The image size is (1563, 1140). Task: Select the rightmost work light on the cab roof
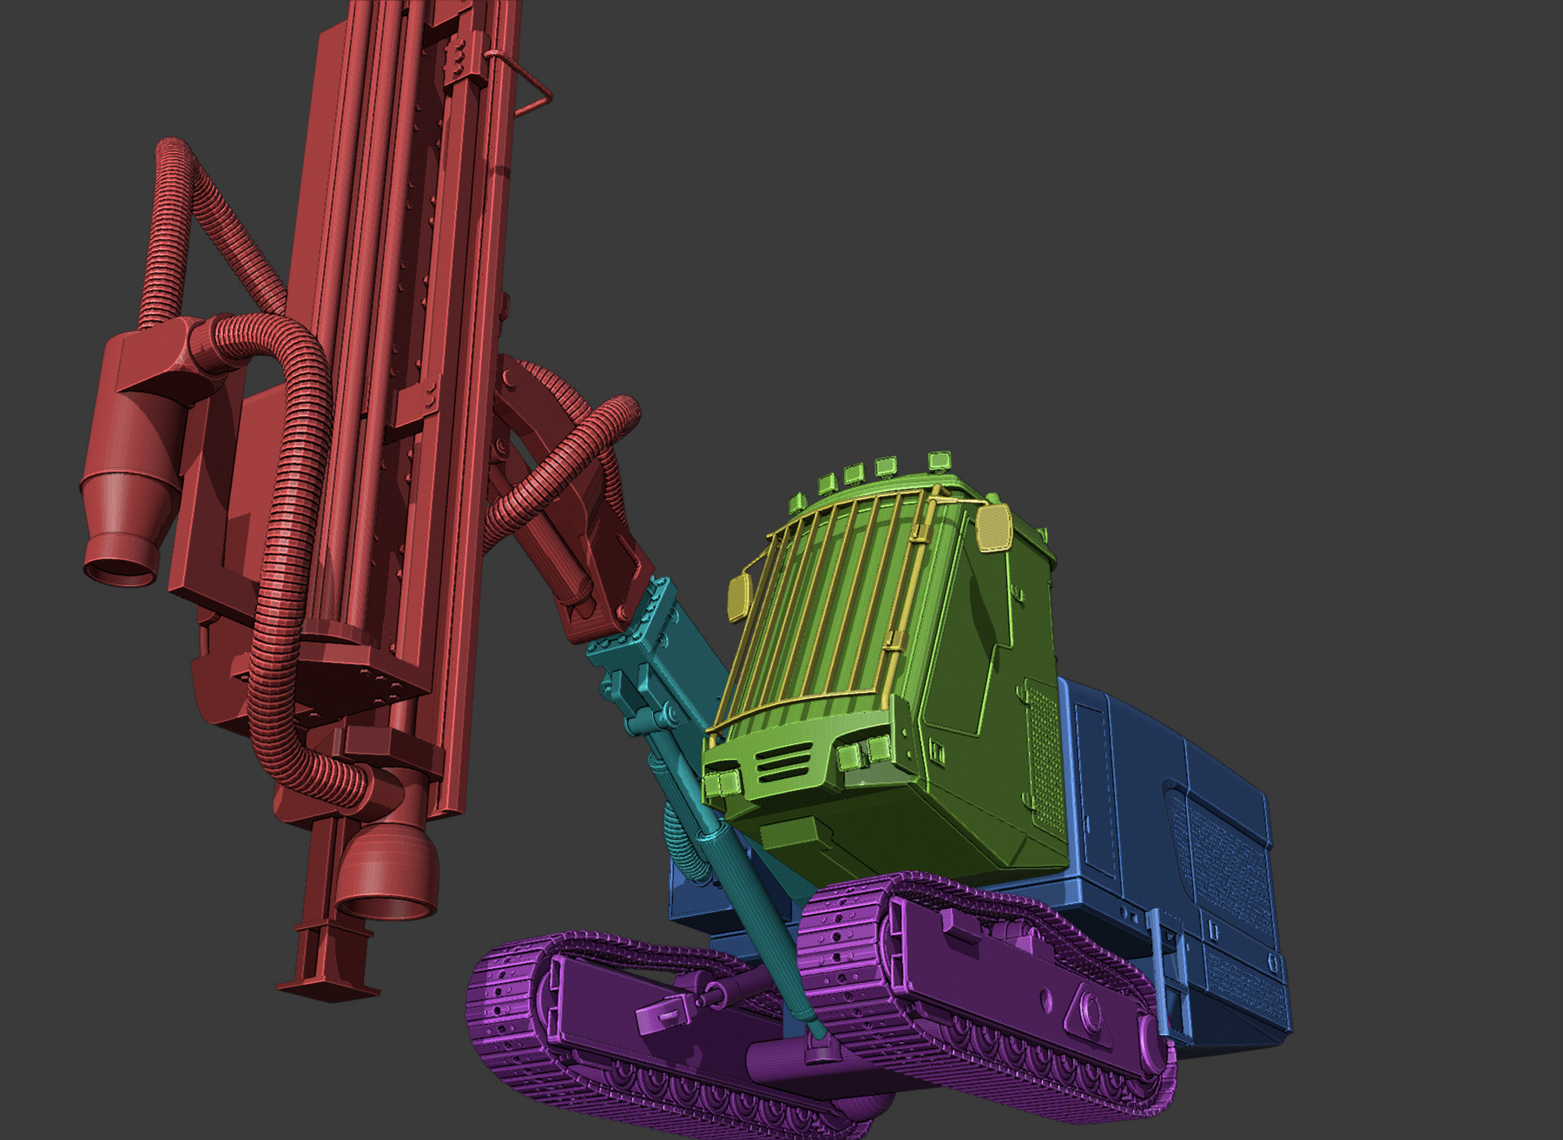tap(940, 459)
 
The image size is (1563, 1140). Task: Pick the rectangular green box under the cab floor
tap(797, 835)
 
